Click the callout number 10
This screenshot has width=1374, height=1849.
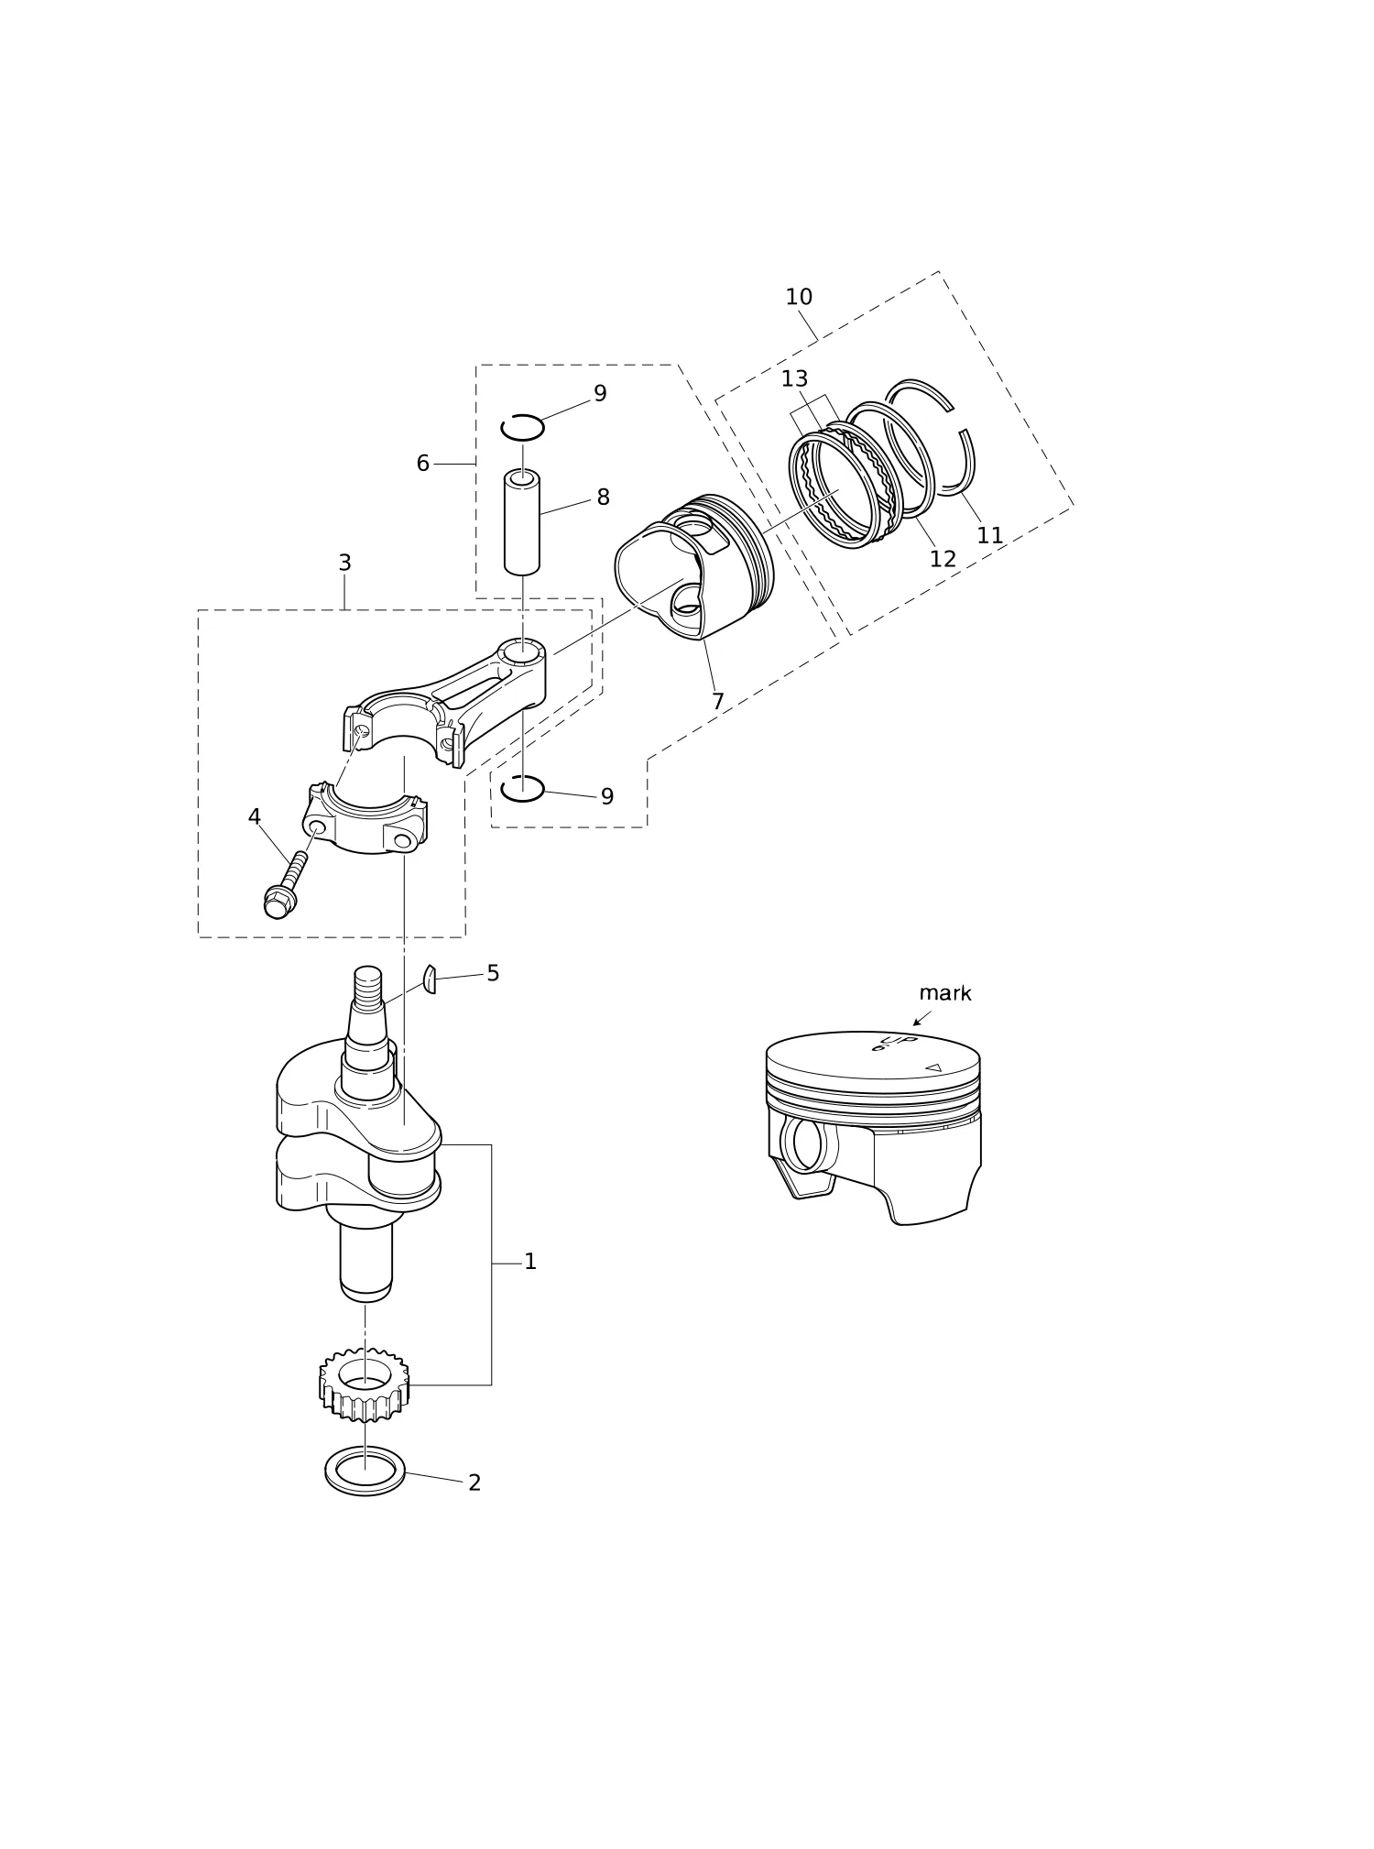click(799, 297)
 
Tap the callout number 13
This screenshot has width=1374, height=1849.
click(794, 378)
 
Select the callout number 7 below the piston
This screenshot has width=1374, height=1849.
click(717, 702)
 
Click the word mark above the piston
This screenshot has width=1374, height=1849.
click(944, 993)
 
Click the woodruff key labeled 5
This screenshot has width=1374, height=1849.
click(429, 979)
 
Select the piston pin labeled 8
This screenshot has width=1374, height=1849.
click(522, 521)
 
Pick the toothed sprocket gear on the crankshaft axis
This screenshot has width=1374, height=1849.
click(365, 1384)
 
